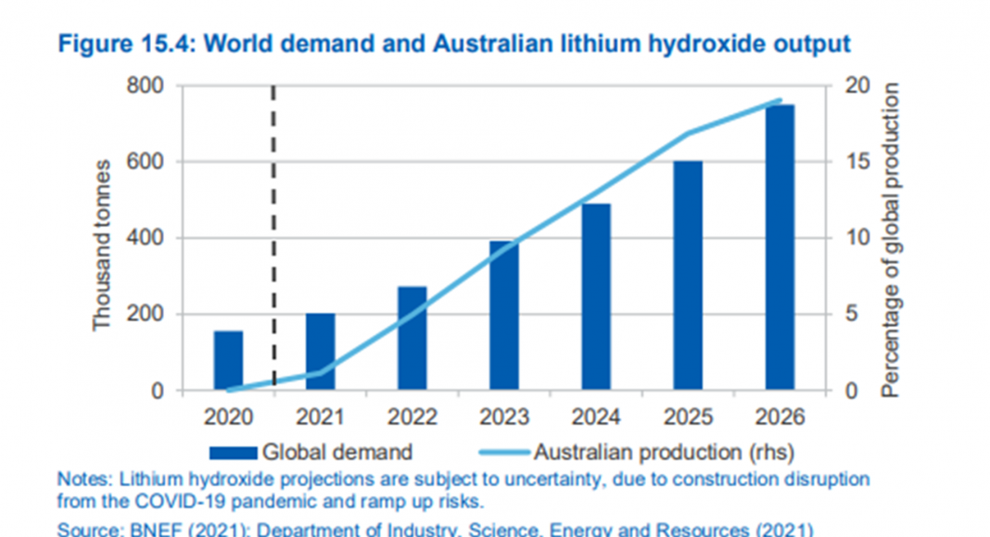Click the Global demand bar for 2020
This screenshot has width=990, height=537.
point(228,360)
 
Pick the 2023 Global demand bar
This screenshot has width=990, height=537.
point(503,316)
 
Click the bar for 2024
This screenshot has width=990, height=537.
point(595,297)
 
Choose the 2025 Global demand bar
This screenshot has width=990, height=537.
point(687,276)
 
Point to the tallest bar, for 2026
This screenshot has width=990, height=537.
point(779,247)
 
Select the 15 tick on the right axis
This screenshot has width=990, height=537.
point(857,162)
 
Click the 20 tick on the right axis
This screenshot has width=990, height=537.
point(857,86)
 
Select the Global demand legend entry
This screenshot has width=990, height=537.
point(311,453)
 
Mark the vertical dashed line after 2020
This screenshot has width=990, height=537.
point(274,231)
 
